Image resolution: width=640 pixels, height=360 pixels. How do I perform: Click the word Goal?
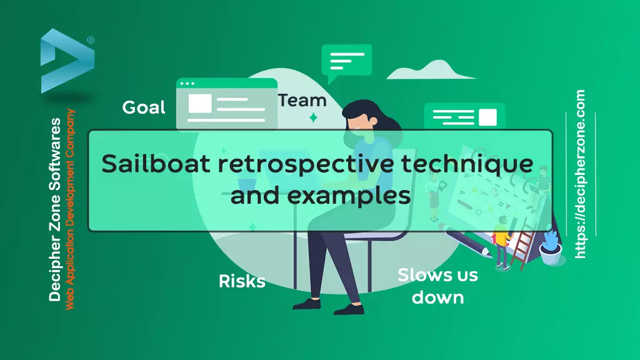click(144, 107)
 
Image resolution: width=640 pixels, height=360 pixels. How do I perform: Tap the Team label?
click(302, 101)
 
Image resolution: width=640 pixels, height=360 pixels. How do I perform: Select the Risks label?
click(242, 281)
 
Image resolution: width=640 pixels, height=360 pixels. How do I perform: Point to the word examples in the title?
click(349, 196)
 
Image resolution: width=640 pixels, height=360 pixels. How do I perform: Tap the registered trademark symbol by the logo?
click(91, 40)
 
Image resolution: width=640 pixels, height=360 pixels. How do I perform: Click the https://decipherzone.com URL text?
click(580, 174)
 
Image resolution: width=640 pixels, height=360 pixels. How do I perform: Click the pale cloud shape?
click(431, 70)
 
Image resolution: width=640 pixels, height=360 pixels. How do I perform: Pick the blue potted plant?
click(551, 248)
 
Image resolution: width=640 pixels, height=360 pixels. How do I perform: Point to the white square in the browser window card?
click(200, 104)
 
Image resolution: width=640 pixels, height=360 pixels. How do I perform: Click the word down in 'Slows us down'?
click(438, 297)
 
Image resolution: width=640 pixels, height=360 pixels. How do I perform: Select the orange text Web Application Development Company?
click(70, 209)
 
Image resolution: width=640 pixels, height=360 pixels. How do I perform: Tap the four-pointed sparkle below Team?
click(314, 118)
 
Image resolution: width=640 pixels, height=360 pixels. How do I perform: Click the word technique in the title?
click(467, 164)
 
